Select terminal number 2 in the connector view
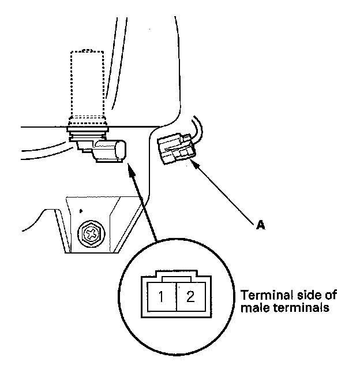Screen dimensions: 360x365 191,298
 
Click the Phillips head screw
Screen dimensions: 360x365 91,234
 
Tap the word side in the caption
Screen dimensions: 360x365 302,295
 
